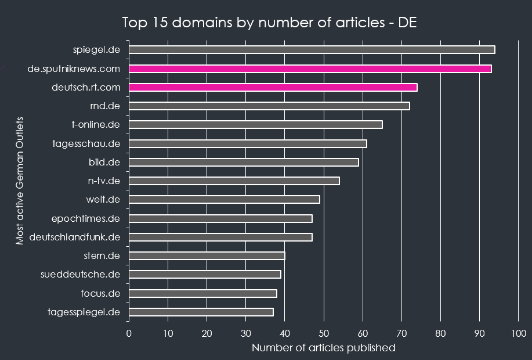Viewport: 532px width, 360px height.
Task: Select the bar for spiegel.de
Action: click(312, 50)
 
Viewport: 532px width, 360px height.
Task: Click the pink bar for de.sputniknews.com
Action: click(310, 69)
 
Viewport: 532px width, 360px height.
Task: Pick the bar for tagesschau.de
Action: click(248, 143)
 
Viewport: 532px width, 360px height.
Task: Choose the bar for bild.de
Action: click(244, 162)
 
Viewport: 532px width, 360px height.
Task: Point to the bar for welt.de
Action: click(224, 200)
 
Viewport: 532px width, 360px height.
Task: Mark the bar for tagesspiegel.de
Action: click(201, 312)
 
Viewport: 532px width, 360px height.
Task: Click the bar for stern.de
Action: click(207, 256)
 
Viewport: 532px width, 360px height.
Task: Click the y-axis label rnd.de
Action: click(105, 106)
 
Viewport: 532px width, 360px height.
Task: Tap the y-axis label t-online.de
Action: click(96, 124)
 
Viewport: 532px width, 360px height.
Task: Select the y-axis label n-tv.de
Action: click(104, 181)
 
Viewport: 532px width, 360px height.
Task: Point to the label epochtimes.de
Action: click(85, 218)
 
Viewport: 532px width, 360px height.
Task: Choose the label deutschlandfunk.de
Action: click(74, 237)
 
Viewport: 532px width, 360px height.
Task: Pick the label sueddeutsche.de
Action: click(80, 274)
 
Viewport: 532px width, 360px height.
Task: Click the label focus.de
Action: click(100, 293)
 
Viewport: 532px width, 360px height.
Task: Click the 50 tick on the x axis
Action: click(324, 333)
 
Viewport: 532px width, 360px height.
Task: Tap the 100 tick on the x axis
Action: click(519, 333)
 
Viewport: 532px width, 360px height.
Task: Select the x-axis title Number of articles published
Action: click(323, 348)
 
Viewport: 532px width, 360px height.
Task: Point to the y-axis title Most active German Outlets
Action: click(20, 181)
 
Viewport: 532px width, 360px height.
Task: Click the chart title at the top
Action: click(269, 23)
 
